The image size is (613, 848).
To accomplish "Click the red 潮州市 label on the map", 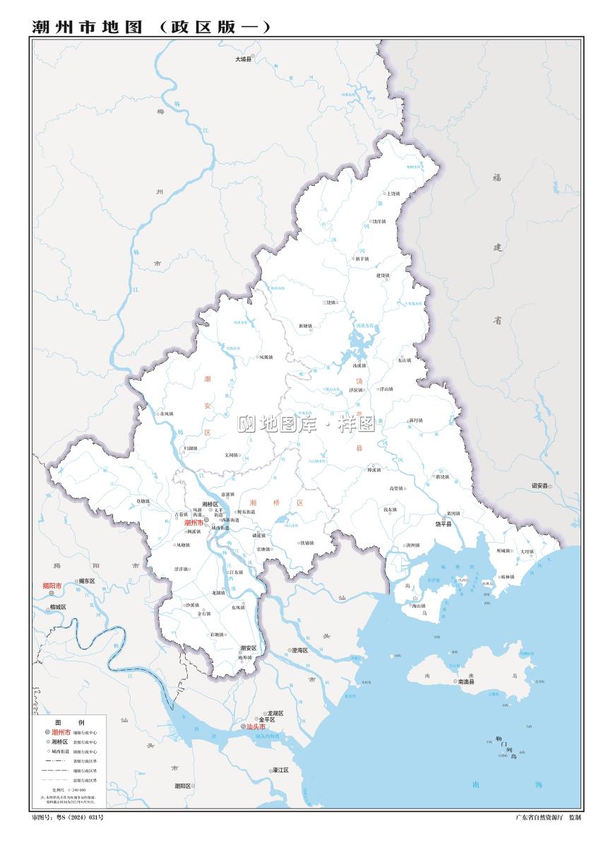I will click(193, 523).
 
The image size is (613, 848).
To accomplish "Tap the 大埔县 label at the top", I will click(242, 59).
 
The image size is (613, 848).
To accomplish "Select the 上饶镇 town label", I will click(393, 193).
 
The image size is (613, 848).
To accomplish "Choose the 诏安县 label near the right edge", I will click(540, 486).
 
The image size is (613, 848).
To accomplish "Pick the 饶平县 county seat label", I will click(443, 524).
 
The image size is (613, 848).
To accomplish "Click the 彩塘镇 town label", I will click(215, 635).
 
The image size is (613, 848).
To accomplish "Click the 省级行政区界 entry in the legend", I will click(84, 760).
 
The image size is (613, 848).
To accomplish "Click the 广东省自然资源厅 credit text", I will click(540, 817).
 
